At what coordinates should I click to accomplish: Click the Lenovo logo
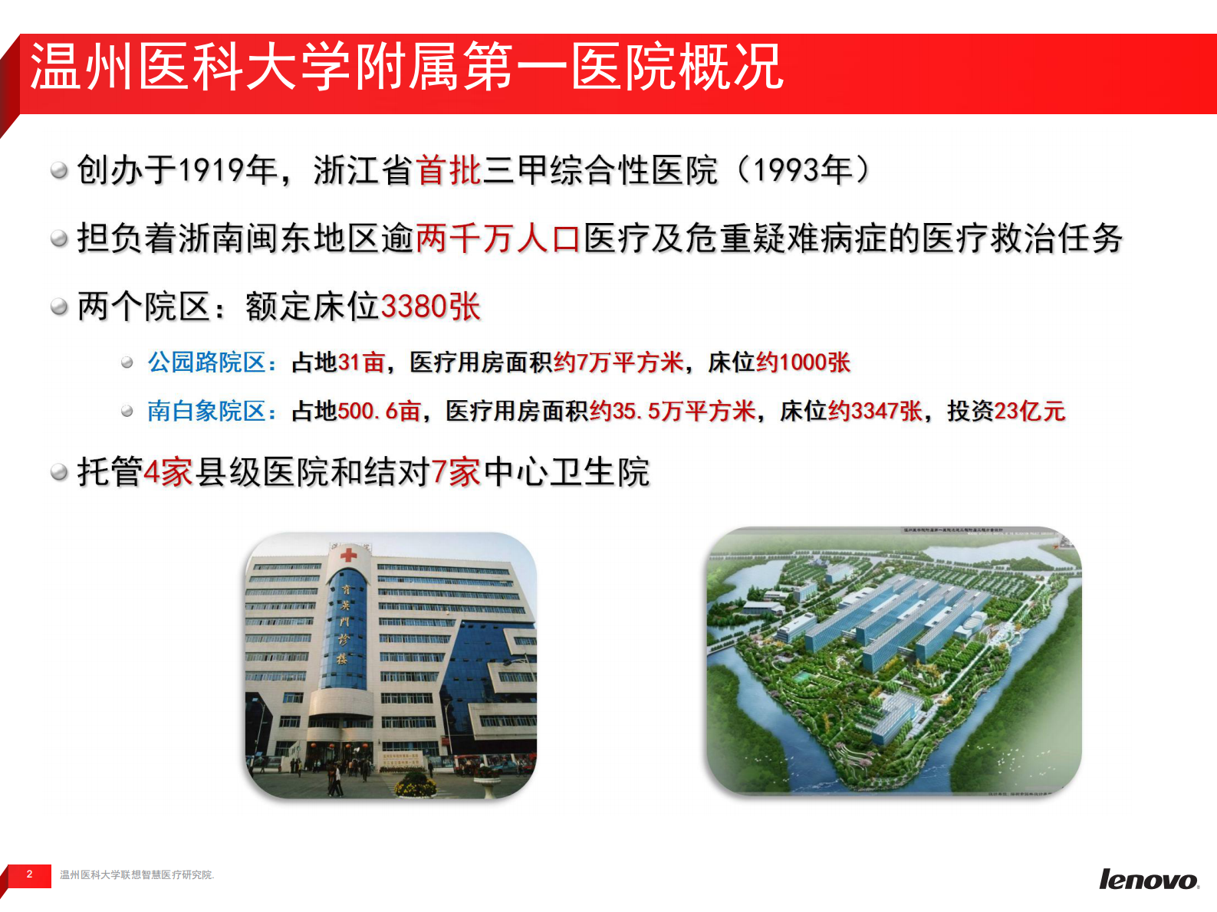(x=1148, y=880)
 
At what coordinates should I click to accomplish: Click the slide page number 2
(x=29, y=874)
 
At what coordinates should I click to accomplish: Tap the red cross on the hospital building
(x=348, y=554)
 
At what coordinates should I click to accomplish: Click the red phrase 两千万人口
(x=498, y=238)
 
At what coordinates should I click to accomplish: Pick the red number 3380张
(x=430, y=307)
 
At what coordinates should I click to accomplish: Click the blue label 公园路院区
(x=206, y=362)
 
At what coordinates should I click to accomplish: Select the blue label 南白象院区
(x=206, y=411)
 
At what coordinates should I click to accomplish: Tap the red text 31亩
(x=361, y=362)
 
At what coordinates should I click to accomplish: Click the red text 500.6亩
(x=380, y=411)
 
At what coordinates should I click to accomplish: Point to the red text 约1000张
(x=803, y=362)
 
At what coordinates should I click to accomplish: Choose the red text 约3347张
(x=875, y=411)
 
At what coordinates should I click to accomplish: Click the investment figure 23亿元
(x=1029, y=411)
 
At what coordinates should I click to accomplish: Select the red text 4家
(x=168, y=472)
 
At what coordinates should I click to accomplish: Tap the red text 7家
(x=456, y=472)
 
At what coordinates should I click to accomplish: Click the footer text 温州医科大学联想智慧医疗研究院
(x=137, y=875)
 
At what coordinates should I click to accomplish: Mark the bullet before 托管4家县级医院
(x=59, y=472)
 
